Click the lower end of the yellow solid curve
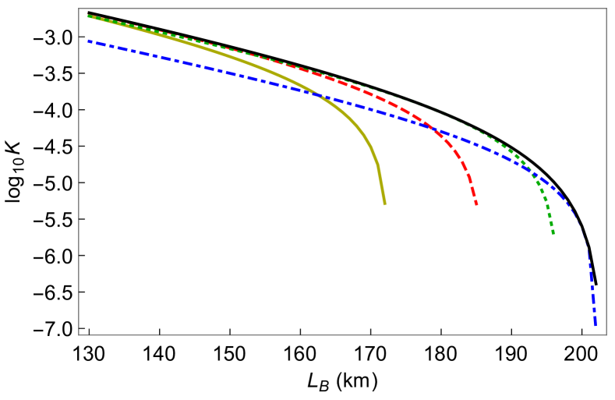384,204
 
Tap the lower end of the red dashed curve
476,204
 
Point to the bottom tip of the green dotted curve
553,233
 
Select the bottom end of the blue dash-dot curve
595,325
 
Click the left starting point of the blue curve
88,41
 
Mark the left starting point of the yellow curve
88,16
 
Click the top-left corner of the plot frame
80,9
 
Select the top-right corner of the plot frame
606,9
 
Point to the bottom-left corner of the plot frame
80,335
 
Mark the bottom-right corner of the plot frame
606,335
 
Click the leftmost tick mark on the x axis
89,334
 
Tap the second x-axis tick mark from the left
159,334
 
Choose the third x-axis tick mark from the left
230,334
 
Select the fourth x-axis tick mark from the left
300,334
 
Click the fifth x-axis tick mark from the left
370,334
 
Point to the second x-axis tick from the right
511,334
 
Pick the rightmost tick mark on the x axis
581,334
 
